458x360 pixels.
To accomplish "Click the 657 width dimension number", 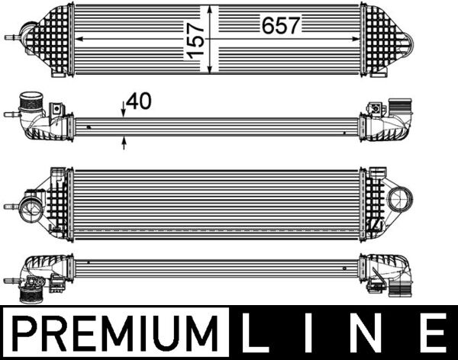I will (282, 25).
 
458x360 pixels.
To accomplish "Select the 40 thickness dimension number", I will (138, 101).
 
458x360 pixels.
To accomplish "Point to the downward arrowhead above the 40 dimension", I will (124, 113).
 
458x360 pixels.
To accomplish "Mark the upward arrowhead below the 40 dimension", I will (124, 140).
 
